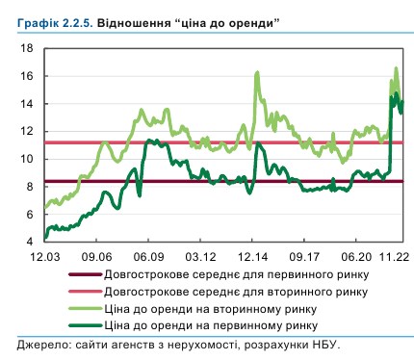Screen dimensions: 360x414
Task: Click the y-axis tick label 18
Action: coord(29,48)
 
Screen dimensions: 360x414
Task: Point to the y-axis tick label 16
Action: coord(29,76)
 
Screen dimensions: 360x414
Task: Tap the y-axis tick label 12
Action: coord(29,131)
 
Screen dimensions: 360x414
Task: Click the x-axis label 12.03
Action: coord(44,257)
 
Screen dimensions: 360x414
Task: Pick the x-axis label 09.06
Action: coord(97,257)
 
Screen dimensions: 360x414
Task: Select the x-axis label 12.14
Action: coord(253,257)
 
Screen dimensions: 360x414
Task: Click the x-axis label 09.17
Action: coord(305,257)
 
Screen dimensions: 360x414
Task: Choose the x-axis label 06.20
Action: coord(357,257)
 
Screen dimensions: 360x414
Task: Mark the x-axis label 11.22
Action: coord(391,257)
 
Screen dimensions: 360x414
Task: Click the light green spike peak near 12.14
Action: coord(257,72)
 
